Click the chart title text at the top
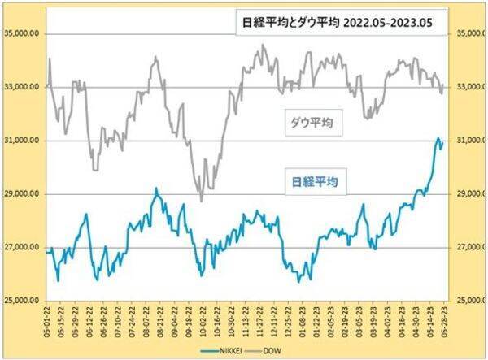[x=339, y=23]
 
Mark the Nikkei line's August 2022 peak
[x=156, y=189]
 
